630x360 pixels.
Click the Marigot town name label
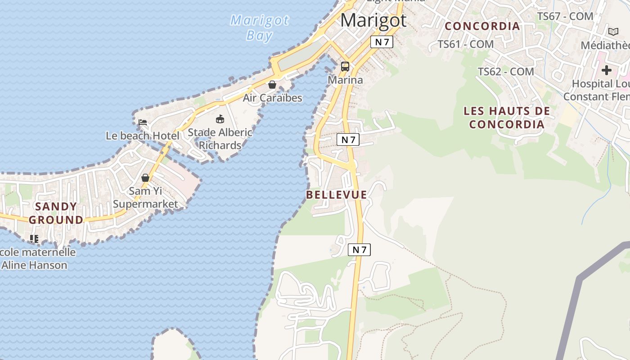373,21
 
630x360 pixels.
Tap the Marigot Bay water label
260,27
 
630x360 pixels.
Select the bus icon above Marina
345,67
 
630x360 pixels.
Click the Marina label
345,80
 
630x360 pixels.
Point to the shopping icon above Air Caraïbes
272,85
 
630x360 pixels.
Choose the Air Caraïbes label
272,98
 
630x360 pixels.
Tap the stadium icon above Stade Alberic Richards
220,119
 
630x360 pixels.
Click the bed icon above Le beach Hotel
143,122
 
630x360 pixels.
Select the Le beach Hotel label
143,135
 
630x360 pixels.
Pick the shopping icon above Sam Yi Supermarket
145,178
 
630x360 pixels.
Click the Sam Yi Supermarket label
145,197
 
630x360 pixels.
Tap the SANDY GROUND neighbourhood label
56,213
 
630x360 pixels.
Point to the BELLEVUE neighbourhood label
337,195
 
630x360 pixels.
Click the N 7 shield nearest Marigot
382,42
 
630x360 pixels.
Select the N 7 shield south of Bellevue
359,250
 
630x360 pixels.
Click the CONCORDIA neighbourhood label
482,26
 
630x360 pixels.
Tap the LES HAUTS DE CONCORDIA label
507,117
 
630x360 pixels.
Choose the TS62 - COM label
506,72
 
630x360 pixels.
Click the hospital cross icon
607,70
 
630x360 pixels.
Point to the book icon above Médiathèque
613,31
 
